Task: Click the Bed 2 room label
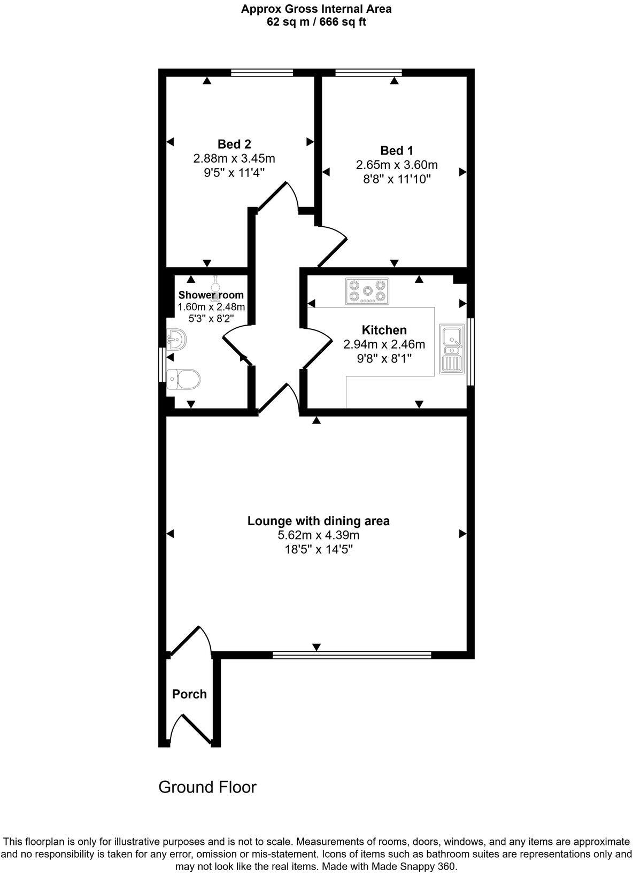click(234, 144)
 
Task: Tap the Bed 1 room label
click(396, 150)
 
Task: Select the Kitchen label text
click(384, 330)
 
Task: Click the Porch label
click(189, 694)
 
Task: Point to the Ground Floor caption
click(207, 787)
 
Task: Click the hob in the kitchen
click(367, 291)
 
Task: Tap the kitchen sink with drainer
click(452, 349)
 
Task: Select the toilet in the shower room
click(183, 379)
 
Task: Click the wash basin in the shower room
click(176, 339)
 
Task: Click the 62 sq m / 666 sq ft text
click(316, 22)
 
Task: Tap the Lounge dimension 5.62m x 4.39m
click(318, 535)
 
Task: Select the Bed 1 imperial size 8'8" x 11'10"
click(396, 179)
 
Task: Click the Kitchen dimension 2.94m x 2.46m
click(384, 344)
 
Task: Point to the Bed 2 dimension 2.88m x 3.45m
click(234, 158)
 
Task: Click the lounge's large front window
click(352, 655)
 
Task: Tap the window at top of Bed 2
click(262, 73)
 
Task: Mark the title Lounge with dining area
click(318, 521)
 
